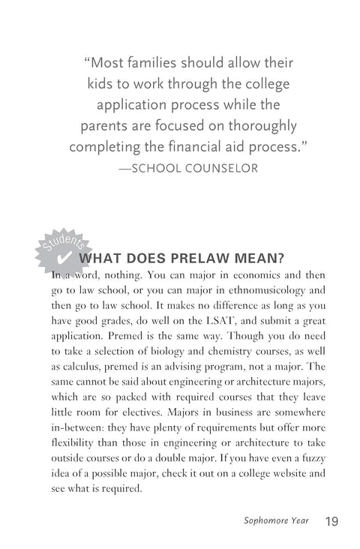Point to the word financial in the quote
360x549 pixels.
point(219,145)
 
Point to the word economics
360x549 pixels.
point(253,274)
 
